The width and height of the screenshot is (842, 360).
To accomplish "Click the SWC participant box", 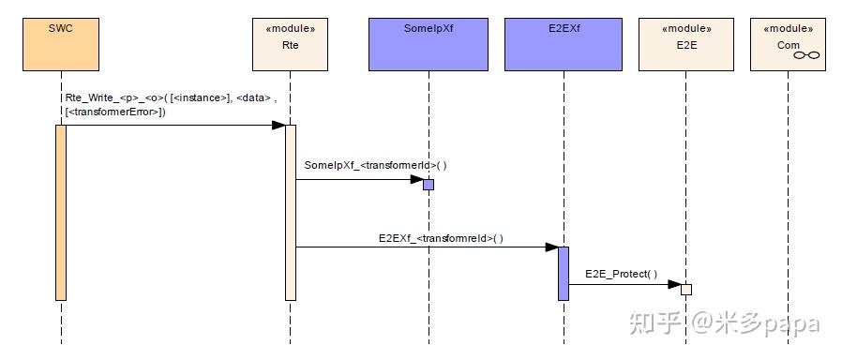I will click(x=61, y=44).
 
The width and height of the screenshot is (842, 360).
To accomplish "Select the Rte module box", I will click(x=291, y=44).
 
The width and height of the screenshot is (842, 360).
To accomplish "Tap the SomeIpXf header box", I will click(x=429, y=44).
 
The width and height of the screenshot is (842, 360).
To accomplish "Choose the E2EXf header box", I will click(x=564, y=44).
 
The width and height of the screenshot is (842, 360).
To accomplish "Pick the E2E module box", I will click(x=685, y=44).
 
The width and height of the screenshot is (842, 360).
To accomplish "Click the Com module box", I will click(x=789, y=44).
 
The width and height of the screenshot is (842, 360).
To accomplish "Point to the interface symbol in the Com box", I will click(x=806, y=56).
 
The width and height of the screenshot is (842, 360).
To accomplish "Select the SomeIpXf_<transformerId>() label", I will click(x=376, y=165).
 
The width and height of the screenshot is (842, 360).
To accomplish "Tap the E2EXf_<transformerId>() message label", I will click(x=441, y=238).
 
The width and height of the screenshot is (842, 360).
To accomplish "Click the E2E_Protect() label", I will click(x=621, y=274).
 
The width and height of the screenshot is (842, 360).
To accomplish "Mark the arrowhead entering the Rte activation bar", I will click(x=278, y=125).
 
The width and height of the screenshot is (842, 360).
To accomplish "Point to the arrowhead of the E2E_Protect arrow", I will click(x=674, y=284).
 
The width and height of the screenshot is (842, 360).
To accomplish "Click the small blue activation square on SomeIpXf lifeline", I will click(x=429, y=185).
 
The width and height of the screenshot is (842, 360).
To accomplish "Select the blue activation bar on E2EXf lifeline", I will click(x=564, y=273).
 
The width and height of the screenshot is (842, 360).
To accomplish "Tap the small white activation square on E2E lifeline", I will click(x=686, y=289).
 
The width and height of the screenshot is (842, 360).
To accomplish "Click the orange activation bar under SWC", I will click(x=61, y=212).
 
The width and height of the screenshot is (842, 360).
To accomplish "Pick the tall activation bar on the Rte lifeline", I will click(x=291, y=212).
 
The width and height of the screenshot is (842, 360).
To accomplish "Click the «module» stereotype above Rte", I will click(x=291, y=29).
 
